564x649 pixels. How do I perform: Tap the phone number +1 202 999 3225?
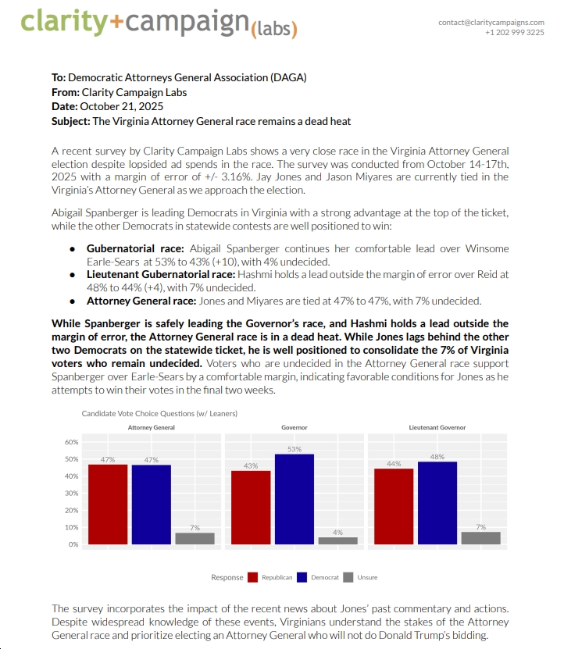[514, 33]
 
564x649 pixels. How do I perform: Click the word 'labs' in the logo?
[273, 30]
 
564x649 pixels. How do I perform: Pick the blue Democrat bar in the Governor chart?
[294, 498]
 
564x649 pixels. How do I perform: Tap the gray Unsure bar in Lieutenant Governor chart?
[480, 537]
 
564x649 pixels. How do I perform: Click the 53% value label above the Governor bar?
[294, 449]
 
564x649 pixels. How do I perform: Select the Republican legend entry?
[270, 577]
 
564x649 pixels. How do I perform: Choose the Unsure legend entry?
[361, 577]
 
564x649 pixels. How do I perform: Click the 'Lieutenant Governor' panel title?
[437, 428]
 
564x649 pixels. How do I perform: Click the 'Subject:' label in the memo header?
[70, 121]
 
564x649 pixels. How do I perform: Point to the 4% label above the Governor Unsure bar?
[337, 532]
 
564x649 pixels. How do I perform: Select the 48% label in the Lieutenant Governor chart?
[437, 457]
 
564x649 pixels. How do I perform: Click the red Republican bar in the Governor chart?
[251, 507]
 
